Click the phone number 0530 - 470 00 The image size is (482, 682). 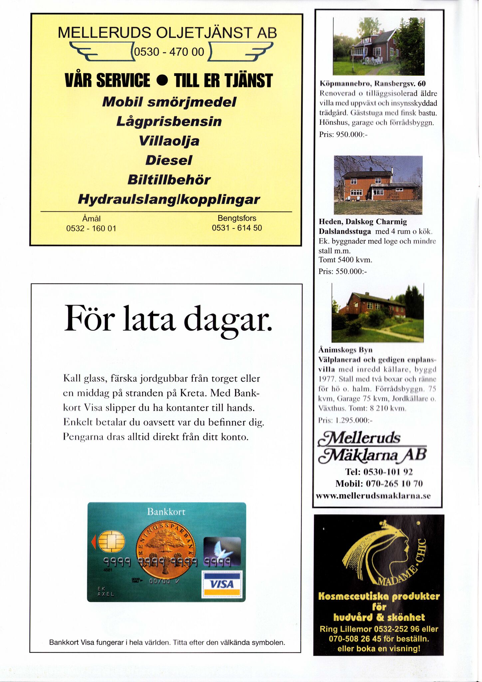click(169, 52)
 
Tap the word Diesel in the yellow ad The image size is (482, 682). click(169, 161)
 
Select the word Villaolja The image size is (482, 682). click(169, 141)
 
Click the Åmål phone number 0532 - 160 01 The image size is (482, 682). click(91, 228)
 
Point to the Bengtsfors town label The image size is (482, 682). click(237, 218)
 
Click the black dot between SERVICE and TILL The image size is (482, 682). click(162, 81)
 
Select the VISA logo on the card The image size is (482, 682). click(222, 584)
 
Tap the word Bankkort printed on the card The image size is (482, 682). click(166, 512)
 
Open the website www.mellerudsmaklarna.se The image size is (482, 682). click(373, 496)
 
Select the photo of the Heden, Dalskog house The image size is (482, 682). click(378, 185)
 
